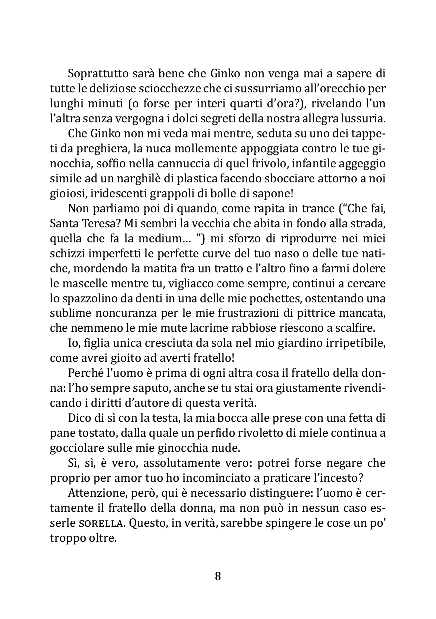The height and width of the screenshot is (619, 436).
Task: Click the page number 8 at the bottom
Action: [218, 576]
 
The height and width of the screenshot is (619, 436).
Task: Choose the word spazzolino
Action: [89, 299]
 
